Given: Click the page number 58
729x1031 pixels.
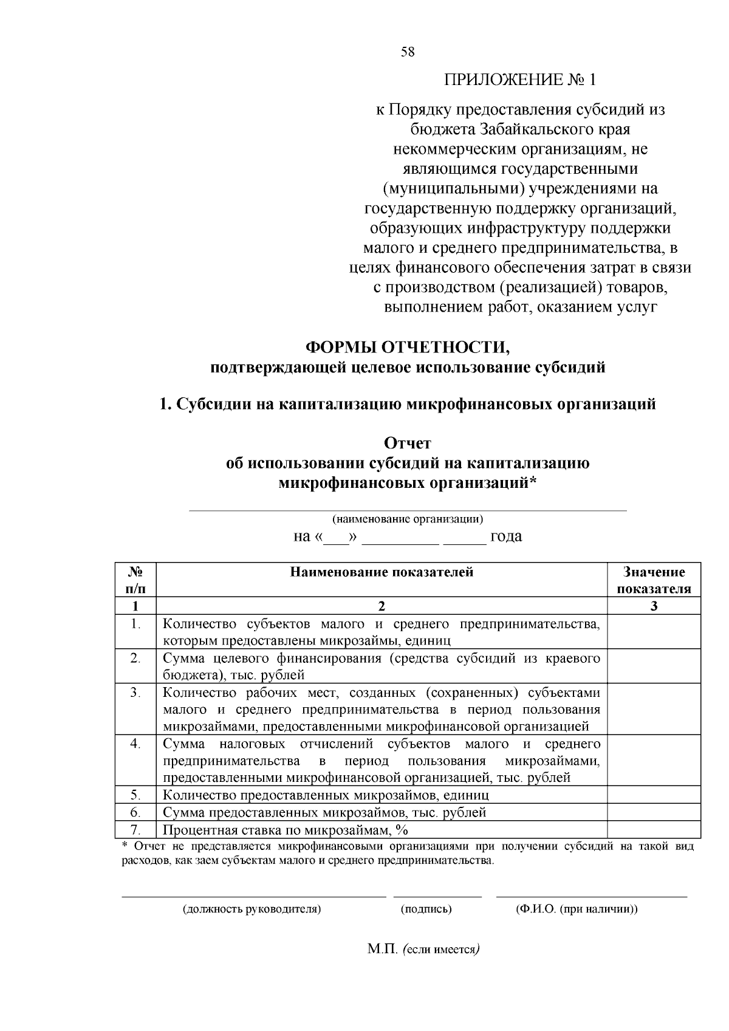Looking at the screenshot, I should coord(408,52).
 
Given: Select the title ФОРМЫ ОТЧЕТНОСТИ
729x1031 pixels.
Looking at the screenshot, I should coord(408,348).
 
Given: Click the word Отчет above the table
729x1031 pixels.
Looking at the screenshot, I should coord(408,444).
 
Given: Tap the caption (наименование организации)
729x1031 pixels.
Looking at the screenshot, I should coord(408,519).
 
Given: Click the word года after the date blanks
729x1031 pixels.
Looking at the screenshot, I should coord(506,536).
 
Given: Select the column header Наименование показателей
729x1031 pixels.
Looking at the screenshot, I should coord(382,572).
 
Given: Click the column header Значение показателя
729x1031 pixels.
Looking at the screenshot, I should coord(654,580).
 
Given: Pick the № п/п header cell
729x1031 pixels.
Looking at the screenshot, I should coord(135,580).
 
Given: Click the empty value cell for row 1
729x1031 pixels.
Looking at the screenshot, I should coord(654,632).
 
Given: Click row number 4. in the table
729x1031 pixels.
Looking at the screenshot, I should coord(135,744).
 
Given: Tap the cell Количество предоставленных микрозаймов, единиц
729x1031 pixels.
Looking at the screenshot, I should coord(326,795).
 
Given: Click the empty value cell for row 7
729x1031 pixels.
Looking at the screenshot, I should coord(654,831).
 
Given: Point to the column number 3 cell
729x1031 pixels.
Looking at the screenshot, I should coord(654,606).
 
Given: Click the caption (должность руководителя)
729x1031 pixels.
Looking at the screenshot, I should coord(252,909).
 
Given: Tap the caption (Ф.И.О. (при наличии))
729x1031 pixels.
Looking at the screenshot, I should coord(576,909).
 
